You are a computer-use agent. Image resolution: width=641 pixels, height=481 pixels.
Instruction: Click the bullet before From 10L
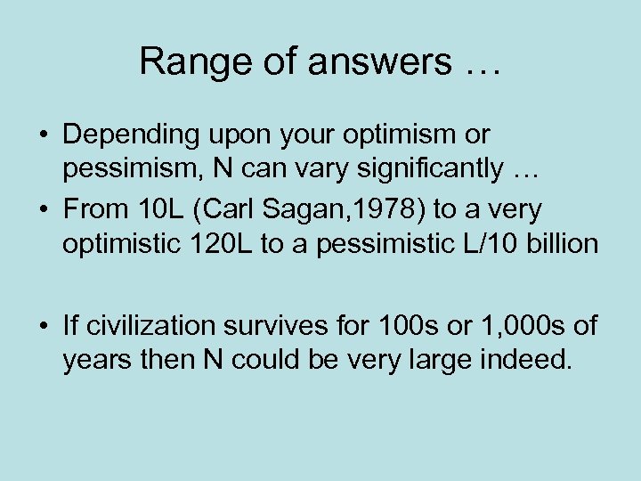(x=45, y=209)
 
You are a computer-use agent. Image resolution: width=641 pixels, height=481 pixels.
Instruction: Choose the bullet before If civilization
(x=45, y=326)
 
